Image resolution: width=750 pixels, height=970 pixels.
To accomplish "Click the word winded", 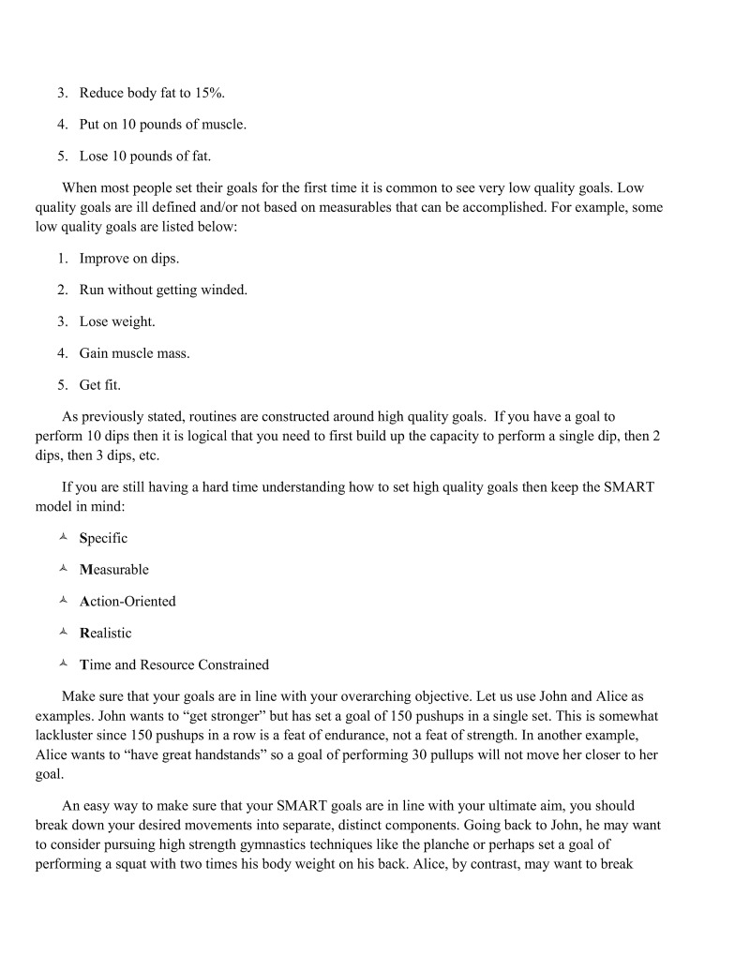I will tap(224, 290).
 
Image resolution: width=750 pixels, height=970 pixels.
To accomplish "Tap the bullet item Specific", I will tap(103, 538).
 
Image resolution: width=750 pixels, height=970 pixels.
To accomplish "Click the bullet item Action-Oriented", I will tap(127, 602).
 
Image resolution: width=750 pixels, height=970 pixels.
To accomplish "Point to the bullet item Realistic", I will tap(105, 634).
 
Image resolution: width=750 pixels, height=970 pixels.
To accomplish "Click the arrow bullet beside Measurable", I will tap(63, 570).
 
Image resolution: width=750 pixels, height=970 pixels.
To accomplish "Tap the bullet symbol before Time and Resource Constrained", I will tap(63, 664).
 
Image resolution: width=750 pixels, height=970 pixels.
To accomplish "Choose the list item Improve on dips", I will tap(128, 258).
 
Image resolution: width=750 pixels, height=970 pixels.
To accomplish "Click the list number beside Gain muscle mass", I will tap(62, 353).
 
